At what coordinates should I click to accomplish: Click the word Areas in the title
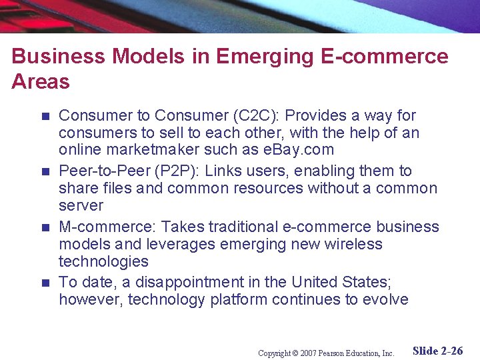click(x=41, y=81)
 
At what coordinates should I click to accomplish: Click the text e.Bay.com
click(x=303, y=150)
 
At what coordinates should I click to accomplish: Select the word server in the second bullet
click(x=81, y=206)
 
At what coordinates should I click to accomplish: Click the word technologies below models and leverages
click(x=103, y=262)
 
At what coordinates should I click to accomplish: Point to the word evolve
click(x=386, y=300)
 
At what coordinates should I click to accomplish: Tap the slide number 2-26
click(x=449, y=351)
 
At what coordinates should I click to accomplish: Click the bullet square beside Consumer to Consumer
click(x=45, y=116)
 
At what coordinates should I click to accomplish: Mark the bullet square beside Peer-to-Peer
click(x=45, y=172)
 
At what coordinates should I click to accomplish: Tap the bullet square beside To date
click(x=45, y=283)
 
